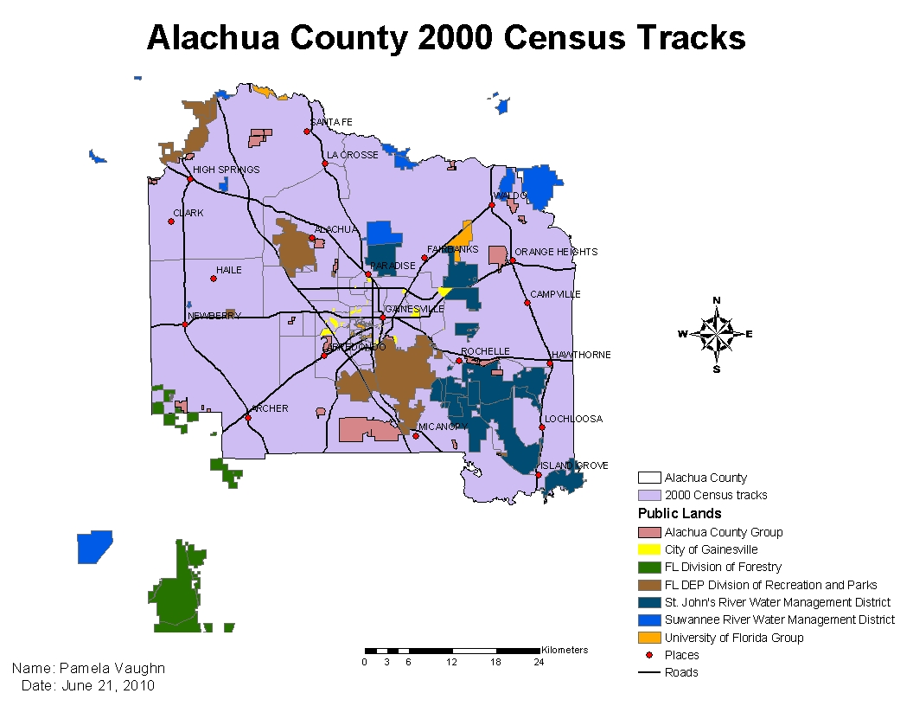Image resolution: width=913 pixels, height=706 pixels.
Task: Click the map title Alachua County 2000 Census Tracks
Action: pyautogui.click(x=445, y=38)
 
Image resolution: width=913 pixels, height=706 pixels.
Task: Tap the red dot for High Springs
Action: pyautogui.click(x=190, y=179)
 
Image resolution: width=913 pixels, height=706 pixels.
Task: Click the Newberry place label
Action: pyautogui.click(x=214, y=316)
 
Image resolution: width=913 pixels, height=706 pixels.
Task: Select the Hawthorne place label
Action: pyautogui.click(x=581, y=355)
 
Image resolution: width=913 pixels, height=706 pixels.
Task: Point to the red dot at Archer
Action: pyautogui.click(x=248, y=418)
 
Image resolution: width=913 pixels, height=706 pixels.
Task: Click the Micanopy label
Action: pyautogui.click(x=442, y=427)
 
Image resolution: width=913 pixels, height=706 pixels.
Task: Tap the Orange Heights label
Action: pyautogui.click(x=556, y=252)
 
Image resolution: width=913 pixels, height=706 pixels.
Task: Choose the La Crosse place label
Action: pyautogui.click(x=353, y=155)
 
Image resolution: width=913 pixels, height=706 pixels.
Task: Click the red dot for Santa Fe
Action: pyautogui.click(x=307, y=132)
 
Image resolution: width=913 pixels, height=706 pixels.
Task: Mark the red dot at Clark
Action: pyautogui.click(x=171, y=221)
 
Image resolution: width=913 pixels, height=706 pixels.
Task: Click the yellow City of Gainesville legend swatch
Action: pyautogui.click(x=649, y=549)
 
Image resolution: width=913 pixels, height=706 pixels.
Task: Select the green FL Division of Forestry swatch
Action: pyautogui.click(x=649, y=567)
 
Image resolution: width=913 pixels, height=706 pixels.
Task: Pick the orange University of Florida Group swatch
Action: pyautogui.click(x=649, y=638)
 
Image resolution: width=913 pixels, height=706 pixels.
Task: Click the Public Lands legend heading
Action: pyautogui.click(x=680, y=514)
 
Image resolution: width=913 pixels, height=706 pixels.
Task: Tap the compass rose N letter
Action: pyautogui.click(x=716, y=300)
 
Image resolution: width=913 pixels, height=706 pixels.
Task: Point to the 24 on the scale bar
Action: pyautogui.click(x=538, y=663)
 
